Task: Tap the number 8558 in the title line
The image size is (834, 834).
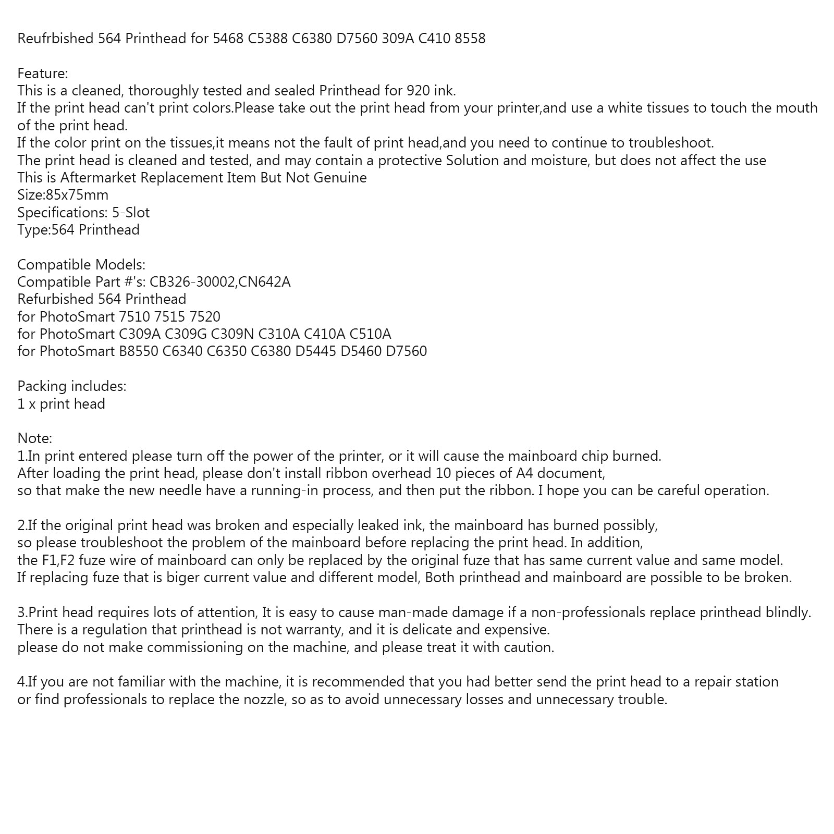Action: point(470,39)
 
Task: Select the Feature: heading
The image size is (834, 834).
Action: point(43,73)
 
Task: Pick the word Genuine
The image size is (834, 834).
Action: point(340,178)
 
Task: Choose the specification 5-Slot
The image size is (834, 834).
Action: point(131,213)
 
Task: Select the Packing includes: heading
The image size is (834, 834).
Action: point(72,386)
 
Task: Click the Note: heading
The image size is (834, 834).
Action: point(35,438)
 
